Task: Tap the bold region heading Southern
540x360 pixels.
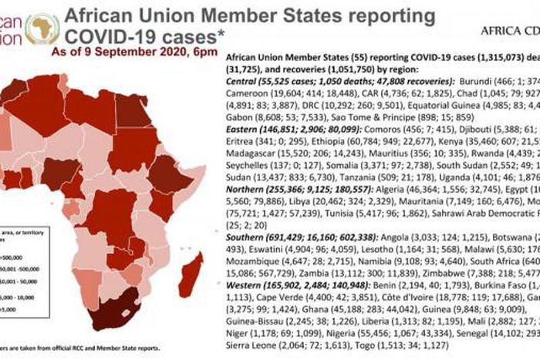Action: pyautogui.click(x=247, y=240)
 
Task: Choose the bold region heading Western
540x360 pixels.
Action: pyautogui.click(x=245, y=283)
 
